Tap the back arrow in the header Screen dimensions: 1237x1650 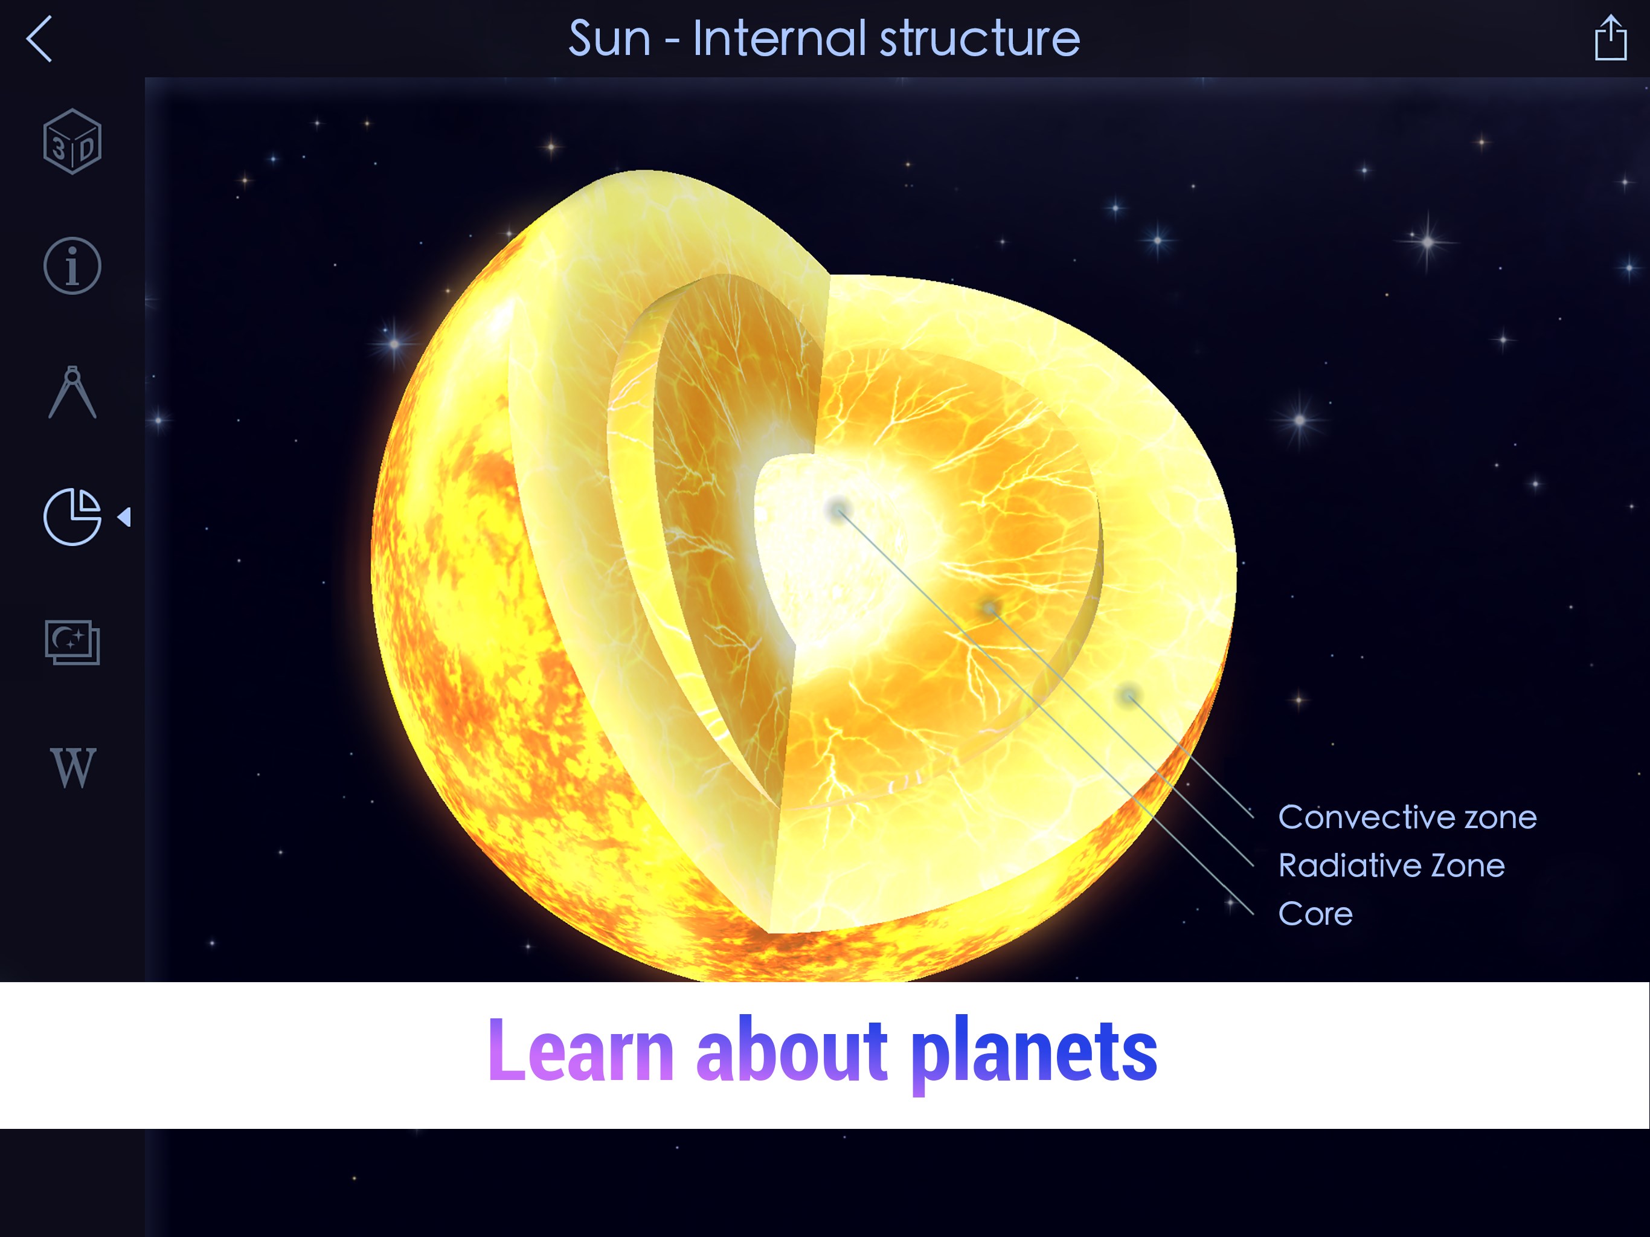click(x=39, y=39)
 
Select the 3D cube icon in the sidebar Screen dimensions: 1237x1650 click(x=72, y=142)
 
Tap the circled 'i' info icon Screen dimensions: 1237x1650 click(x=72, y=266)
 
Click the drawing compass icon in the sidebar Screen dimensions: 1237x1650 click(x=72, y=393)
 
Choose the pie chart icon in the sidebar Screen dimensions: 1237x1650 click(x=72, y=517)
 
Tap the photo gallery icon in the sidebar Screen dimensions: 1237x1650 click(x=72, y=643)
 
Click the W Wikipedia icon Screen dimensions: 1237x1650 click(x=73, y=767)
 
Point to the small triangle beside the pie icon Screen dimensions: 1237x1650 click(x=124, y=517)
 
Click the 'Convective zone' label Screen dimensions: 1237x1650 click(x=1407, y=818)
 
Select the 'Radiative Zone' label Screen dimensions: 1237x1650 click(x=1391, y=866)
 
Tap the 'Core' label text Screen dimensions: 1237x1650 click(x=1315, y=914)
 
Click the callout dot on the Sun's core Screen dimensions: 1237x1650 click(x=838, y=510)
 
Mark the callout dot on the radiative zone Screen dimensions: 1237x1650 click(x=989, y=608)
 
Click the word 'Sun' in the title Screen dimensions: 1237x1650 click(x=609, y=39)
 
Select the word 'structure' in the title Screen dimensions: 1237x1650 click(x=980, y=39)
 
